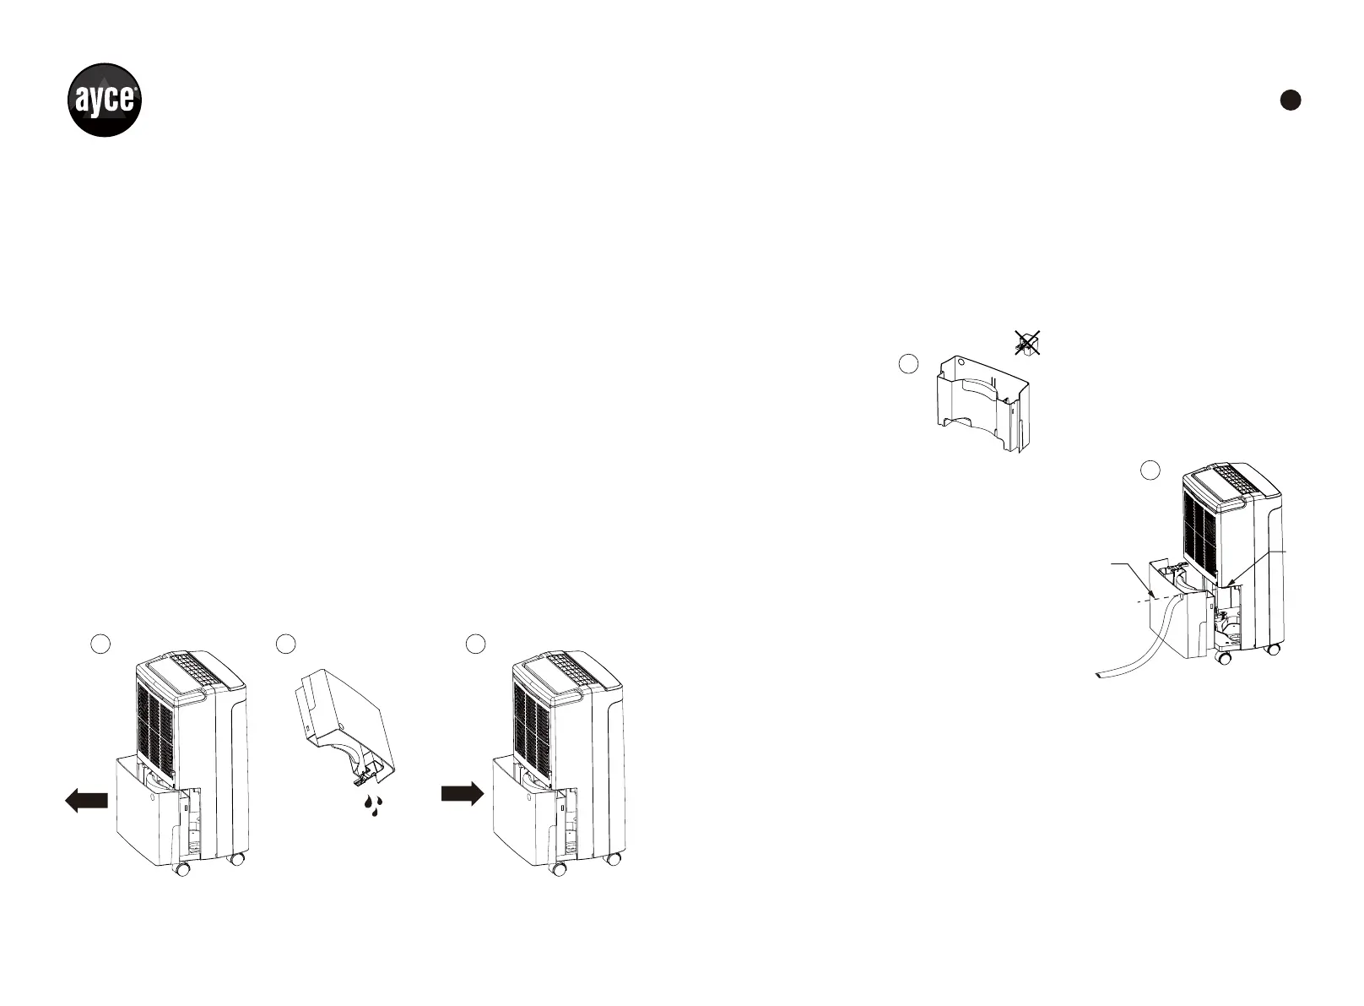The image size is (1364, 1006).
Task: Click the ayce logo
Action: click(x=104, y=100)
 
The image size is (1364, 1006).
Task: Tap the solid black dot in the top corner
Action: click(x=1290, y=100)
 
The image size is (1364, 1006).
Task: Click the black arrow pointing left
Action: click(x=86, y=800)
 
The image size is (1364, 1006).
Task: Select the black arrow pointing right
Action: click(x=462, y=793)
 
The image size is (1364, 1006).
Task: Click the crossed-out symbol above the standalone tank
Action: click(x=1027, y=343)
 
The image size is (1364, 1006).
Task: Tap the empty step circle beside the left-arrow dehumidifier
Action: click(x=100, y=644)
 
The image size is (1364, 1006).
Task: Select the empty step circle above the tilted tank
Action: click(x=286, y=644)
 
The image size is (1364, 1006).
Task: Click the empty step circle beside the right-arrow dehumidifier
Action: click(x=476, y=644)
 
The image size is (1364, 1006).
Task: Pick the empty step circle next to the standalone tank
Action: click(x=907, y=364)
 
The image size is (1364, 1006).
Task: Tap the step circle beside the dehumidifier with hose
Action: click(x=1150, y=470)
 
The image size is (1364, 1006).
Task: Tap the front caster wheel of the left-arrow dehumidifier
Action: click(x=181, y=869)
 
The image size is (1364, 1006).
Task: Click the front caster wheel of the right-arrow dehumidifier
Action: click(x=558, y=869)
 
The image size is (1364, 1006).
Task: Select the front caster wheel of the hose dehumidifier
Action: click(x=1221, y=656)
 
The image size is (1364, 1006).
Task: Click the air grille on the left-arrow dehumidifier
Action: click(x=155, y=726)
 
